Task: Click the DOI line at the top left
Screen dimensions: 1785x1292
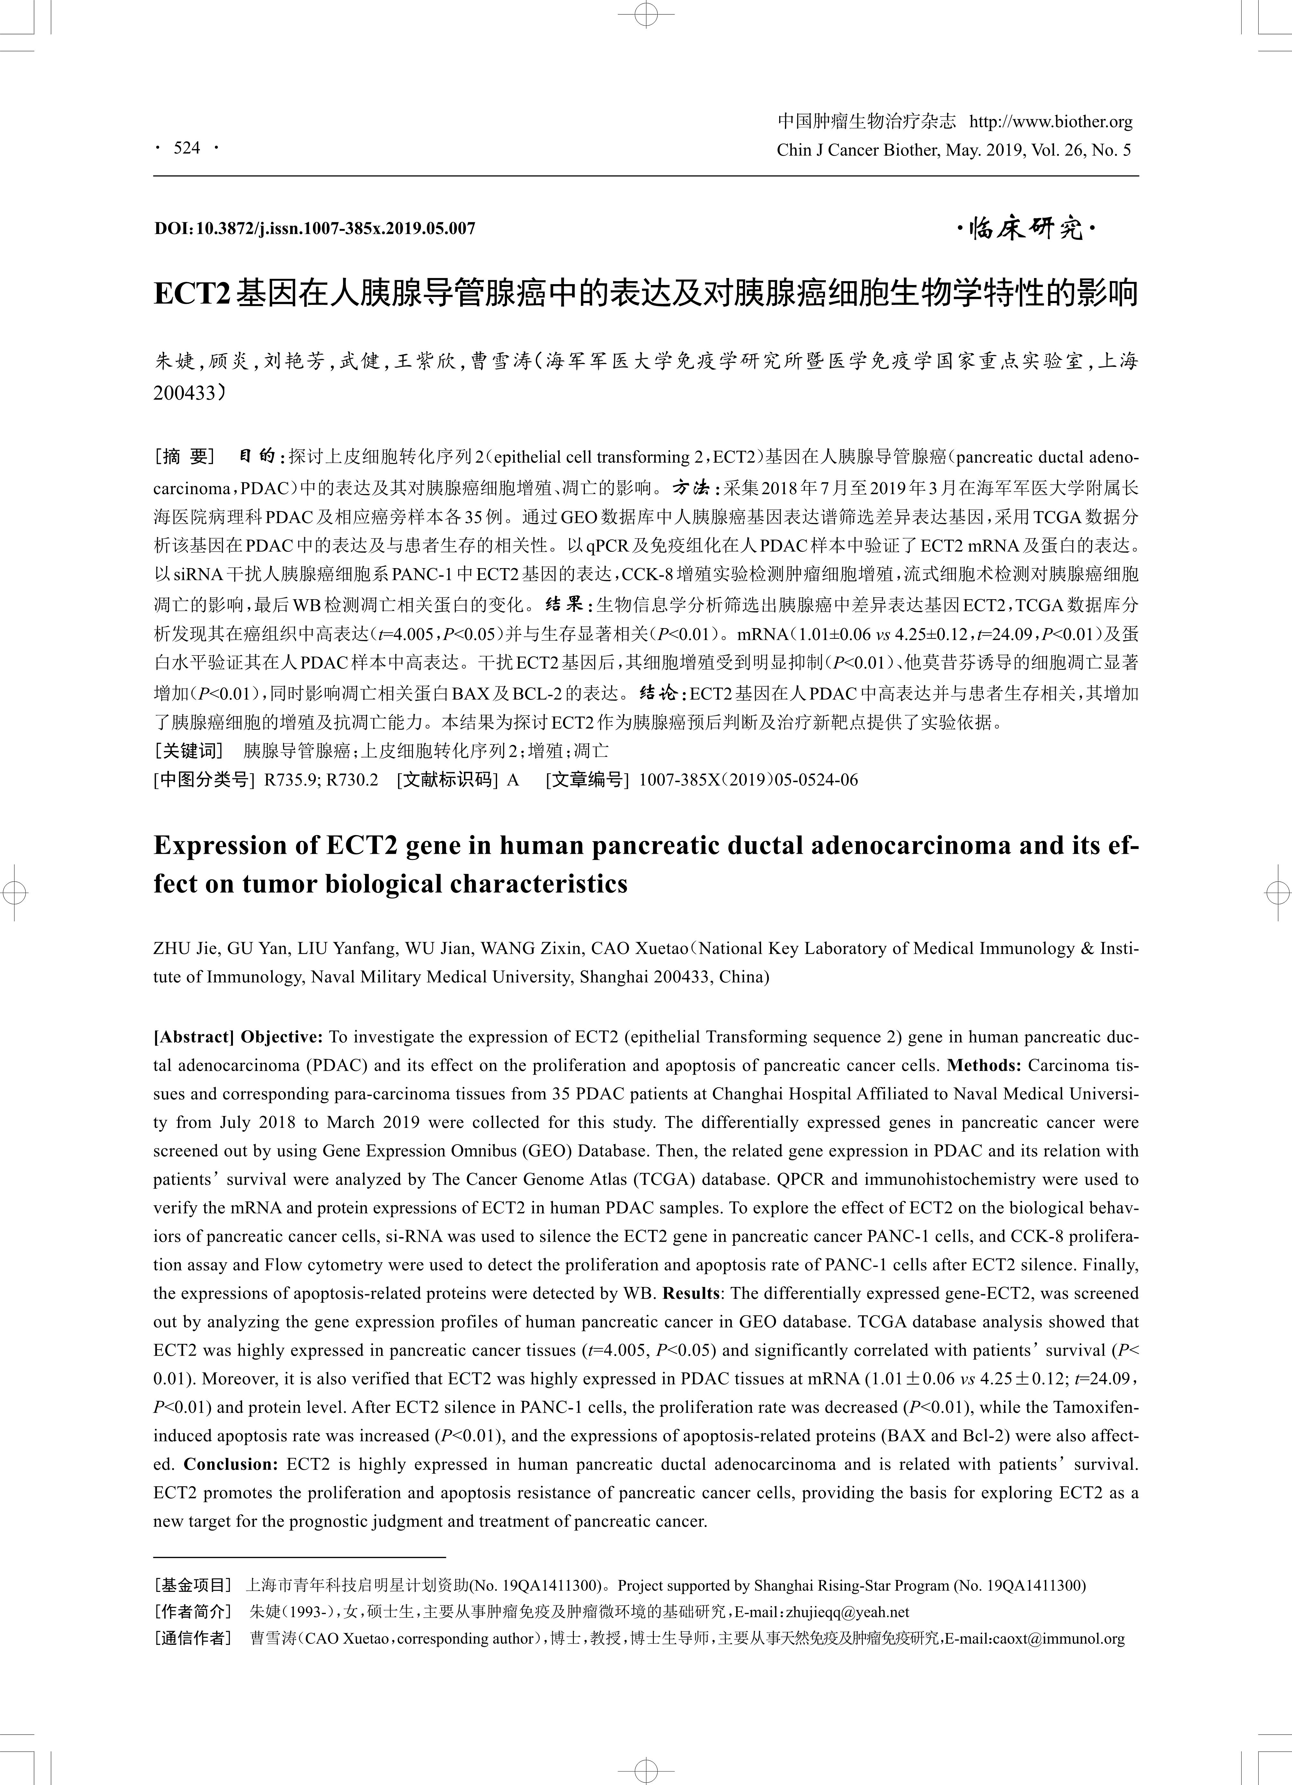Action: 315,229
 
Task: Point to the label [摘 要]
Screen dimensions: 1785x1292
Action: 186,457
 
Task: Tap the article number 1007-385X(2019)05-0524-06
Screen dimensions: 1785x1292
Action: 747,780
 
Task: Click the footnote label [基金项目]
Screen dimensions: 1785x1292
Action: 193,1584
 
